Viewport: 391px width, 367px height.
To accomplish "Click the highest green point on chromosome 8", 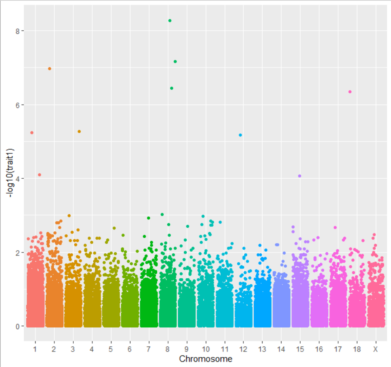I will [170, 21].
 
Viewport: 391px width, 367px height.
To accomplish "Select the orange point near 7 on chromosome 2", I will [50, 69].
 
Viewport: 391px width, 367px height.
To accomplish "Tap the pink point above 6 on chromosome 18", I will [350, 92].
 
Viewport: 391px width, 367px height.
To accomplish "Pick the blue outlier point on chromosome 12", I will [240, 135].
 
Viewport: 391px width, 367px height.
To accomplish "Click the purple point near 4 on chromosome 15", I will [300, 176].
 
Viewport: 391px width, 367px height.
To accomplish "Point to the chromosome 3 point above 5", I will [79, 132].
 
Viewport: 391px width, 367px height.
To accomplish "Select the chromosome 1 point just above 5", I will [32, 133].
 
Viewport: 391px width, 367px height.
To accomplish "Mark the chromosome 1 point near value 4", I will [39, 175].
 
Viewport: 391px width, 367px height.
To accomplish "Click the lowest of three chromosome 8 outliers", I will [171, 88].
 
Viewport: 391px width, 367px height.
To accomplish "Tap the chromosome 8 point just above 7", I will [175, 62].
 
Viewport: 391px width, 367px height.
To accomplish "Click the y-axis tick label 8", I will [17, 31].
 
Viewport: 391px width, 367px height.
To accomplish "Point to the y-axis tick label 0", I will [17, 327].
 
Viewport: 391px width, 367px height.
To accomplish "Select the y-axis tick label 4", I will [17, 179].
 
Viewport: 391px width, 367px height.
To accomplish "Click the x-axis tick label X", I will [375, 349].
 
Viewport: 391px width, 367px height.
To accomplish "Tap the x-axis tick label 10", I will [205, 349].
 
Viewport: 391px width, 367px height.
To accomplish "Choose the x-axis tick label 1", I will [35, 349].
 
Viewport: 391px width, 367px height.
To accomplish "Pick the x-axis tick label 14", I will [281, 349].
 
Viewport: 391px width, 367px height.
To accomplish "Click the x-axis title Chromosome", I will [205, 359].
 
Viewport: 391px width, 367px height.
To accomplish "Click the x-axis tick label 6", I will [130, 349].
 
